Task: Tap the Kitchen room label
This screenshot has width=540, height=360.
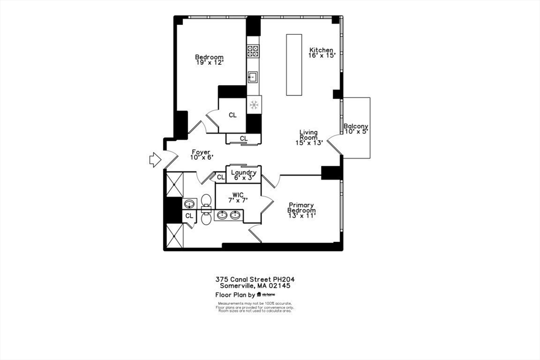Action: point(321,50)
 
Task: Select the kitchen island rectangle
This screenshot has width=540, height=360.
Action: point(294,65)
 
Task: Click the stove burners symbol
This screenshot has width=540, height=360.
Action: point(253,51)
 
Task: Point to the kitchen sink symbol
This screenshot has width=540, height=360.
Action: point(253,77)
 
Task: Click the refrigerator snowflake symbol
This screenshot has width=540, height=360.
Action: point(254,104)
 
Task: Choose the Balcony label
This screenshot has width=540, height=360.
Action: point(355,127)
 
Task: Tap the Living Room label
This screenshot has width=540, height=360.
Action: point(308,135)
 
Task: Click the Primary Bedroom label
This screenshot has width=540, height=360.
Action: point(301,208)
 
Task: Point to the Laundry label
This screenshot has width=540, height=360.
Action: point(244,172)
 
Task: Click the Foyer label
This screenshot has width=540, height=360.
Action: point(200,152)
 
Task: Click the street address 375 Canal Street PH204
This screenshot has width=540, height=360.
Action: point(258,279)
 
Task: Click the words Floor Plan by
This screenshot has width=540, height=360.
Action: point(235,295)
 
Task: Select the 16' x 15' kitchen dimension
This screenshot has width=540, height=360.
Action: point(322,55)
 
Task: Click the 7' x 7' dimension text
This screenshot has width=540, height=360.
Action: point(238,200)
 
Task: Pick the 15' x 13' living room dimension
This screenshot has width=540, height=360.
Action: point(308,142)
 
